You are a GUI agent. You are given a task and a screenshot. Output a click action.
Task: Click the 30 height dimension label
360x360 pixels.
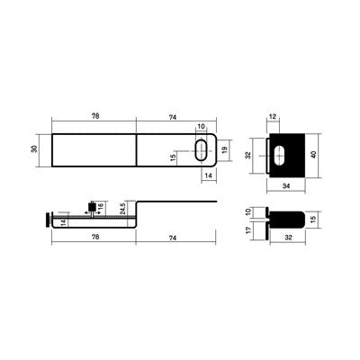[x=35, y=148]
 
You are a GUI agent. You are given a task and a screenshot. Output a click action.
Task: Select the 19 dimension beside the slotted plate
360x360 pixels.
[x=225, y=150]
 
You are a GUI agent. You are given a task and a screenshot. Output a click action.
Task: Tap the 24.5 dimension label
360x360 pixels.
[x=122, y=208]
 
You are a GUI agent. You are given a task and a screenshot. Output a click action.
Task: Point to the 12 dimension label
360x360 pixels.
[x=273, y=117]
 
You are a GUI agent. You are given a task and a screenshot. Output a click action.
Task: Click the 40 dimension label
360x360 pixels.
[x=314, y=155]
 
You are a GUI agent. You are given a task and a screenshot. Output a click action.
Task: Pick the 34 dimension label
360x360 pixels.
[x=286, y=186]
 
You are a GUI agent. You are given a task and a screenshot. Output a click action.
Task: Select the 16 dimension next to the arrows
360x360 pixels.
[x=101, y=206]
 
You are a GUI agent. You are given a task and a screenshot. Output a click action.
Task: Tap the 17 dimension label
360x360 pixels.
[x=248, y=230]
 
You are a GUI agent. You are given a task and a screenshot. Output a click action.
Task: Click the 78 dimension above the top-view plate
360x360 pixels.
[x=95, y=116]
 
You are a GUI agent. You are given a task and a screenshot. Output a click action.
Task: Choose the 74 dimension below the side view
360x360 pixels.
[x=172, y=238]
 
